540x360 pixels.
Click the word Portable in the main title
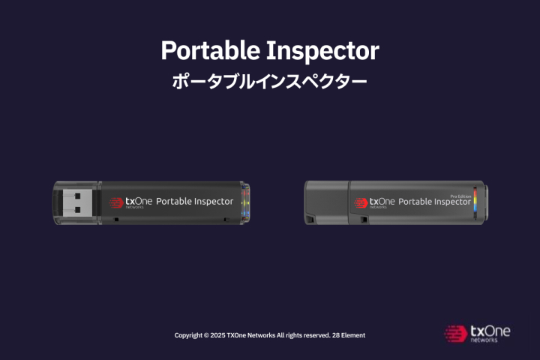tap(211, 51)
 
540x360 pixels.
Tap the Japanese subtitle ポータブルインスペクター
tap(269, 82)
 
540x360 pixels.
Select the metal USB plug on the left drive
tap(78, 202)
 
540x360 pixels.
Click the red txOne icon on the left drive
tap(116, 202)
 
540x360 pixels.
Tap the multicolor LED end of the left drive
tap(245, 203)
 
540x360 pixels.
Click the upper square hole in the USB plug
tap(77, 196)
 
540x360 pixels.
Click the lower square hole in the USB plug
tap(77, 209)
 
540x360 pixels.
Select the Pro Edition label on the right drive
tap(460, 196)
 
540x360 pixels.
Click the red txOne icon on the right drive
tap(361, 203)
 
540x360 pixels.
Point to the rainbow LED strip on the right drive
tap(475, 203)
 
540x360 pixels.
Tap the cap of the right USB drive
tap(326, 202)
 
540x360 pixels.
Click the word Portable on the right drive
tap(415, 202)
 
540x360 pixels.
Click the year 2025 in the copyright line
tap(217, 335)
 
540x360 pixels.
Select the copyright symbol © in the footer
tap(206, 335)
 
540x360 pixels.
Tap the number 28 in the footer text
tap(336, 335)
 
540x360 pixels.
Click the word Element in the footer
tap(353, 335)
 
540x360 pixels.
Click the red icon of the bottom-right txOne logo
tap(456, 334)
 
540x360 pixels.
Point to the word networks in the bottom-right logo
tap(484, 340)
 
